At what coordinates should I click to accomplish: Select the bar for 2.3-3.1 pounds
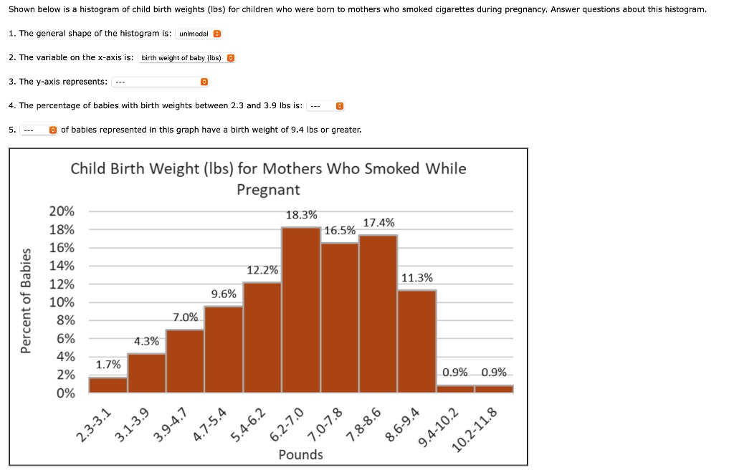coord(108,385)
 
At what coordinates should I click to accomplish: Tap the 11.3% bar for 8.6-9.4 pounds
coord(416,341)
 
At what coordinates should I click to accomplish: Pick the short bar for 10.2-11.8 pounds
coord(494,389)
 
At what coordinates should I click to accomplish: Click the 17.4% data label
coord(378,223)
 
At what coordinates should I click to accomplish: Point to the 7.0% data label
coord(186,317)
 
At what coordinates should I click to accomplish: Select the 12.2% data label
coord(262,270)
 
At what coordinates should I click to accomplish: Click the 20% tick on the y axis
coord(62,211)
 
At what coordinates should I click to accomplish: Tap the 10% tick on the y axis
coord(62,302)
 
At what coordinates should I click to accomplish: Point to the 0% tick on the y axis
coord(65,393)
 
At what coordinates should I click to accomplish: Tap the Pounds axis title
coord(300,455)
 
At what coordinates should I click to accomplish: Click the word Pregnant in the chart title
coord(268,190)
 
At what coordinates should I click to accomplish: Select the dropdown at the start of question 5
coord(39,130)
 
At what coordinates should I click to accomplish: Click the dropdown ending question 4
coord(325,106)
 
